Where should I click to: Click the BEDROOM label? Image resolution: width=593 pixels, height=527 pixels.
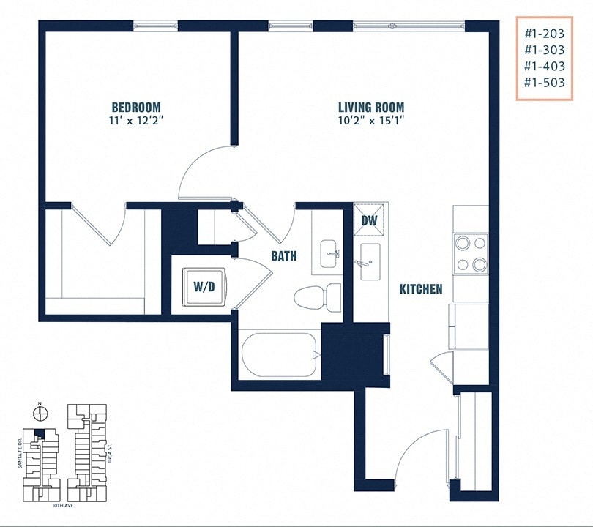coord(136,107)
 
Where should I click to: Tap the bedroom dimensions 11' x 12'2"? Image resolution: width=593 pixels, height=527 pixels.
coord(136,120)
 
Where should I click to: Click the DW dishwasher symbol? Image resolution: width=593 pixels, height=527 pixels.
coord(369,220)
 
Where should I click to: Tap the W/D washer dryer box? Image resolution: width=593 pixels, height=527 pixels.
coord(204,286)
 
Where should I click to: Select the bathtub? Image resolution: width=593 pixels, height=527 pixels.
coord(280,355)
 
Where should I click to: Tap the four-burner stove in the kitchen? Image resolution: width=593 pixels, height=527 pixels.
coord(470,253)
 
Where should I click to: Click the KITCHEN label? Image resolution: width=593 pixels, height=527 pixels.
coord(420,289)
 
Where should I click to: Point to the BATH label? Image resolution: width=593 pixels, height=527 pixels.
coord(284,256)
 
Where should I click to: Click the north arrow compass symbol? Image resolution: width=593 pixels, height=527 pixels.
coord(41,413)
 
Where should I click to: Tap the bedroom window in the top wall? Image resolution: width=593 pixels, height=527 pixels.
coord(156,26)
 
